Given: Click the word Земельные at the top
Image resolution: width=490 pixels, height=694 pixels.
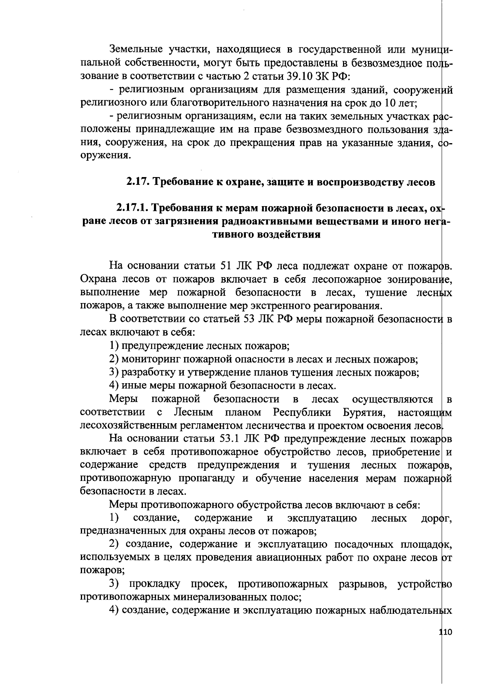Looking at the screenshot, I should click(137, 50).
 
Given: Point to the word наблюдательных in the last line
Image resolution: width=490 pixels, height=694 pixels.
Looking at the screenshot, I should click(410, 611).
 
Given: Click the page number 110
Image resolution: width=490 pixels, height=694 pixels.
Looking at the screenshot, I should click(444, 644).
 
